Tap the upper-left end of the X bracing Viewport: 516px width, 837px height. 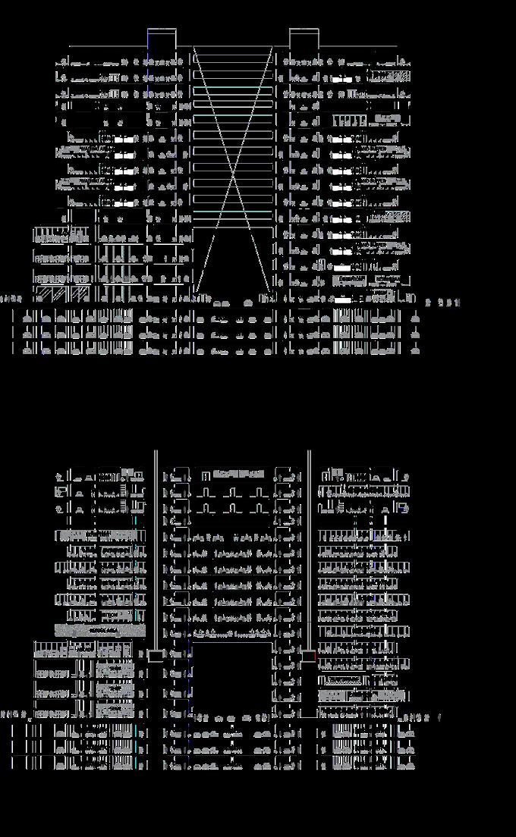click(194, 48)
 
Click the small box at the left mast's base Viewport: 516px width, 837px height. click(156, 656)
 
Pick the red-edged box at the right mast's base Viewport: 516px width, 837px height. click(309, 656)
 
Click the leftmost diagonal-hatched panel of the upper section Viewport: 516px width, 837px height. click(46, 293)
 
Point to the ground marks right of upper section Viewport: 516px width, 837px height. click(443, 303)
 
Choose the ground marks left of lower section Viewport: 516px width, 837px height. click(15, 714)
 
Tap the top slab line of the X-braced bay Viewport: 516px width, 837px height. click(234, 47)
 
